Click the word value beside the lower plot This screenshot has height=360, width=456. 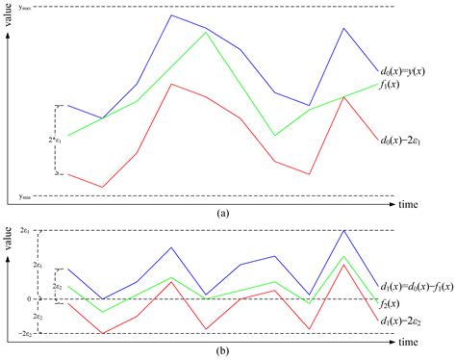(x=8, y=238)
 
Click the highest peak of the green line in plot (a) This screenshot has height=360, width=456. (x=205, y=32)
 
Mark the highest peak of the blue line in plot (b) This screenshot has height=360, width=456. (x=343, y=230)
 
